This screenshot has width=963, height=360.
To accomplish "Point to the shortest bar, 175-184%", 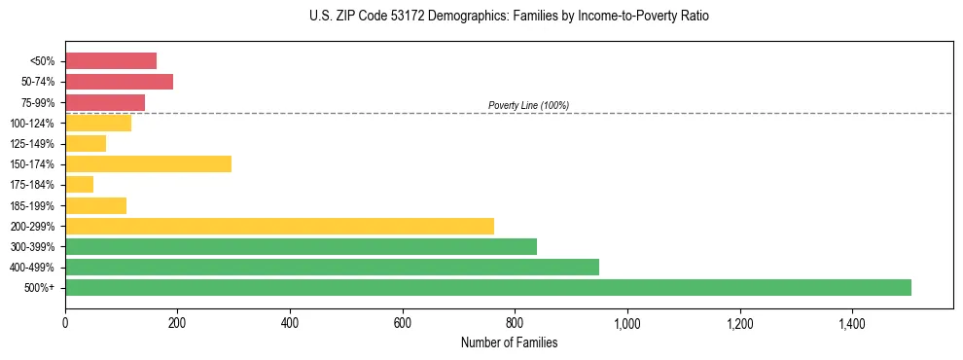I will [79, 184].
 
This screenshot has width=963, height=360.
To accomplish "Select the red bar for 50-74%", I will [119, 82].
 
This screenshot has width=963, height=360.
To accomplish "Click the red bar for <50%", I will [111, 60].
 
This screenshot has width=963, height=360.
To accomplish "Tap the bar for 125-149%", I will [86, 143].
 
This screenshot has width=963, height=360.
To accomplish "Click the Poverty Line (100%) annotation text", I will [528, 105].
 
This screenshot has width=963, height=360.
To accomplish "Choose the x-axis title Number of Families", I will [509, 342].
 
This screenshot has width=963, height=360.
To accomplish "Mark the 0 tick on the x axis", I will [65, 321].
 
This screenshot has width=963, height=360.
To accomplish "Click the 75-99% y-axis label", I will [38, 102].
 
